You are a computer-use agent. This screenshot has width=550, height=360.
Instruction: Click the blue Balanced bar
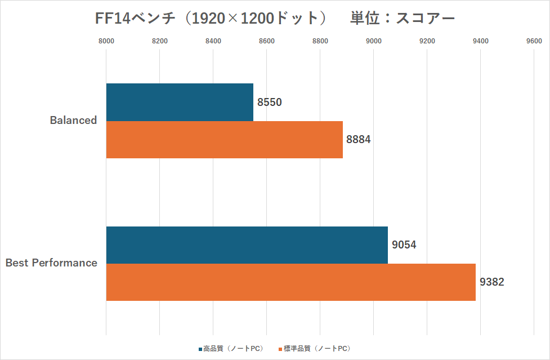pos(180,103)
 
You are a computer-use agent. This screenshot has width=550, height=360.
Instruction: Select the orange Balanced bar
pos(224,140)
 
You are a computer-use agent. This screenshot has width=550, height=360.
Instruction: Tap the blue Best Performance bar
pos(247,245)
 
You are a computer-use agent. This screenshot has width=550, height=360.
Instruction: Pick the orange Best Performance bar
pos(290,282)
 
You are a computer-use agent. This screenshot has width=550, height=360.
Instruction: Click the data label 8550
pos(270,103)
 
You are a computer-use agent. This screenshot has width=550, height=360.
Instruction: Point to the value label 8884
pos(359,140)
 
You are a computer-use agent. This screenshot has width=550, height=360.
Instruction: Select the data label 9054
pos(404,245)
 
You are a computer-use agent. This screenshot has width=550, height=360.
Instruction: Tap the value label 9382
pos(492,282)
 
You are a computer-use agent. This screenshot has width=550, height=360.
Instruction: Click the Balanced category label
pos(73,120)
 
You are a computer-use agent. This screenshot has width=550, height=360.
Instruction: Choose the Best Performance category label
pos(51,263)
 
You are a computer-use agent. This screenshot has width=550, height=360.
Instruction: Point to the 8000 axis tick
pos(106,41)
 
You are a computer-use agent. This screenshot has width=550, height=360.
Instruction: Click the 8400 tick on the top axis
pos(213,41)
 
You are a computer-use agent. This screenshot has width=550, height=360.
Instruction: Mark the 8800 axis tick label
pos(320,41)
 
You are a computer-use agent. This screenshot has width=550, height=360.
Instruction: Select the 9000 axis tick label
pos(374,41)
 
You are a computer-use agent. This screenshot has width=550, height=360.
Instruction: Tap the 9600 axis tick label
pos(534,41)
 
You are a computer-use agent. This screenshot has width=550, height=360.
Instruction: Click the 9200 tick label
pos(427,41)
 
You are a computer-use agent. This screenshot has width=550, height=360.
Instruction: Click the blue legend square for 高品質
pos(200,349)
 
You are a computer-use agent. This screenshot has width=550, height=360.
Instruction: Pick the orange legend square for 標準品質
pos(280,349)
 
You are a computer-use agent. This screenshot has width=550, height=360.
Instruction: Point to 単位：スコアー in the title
pos(402,18)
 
